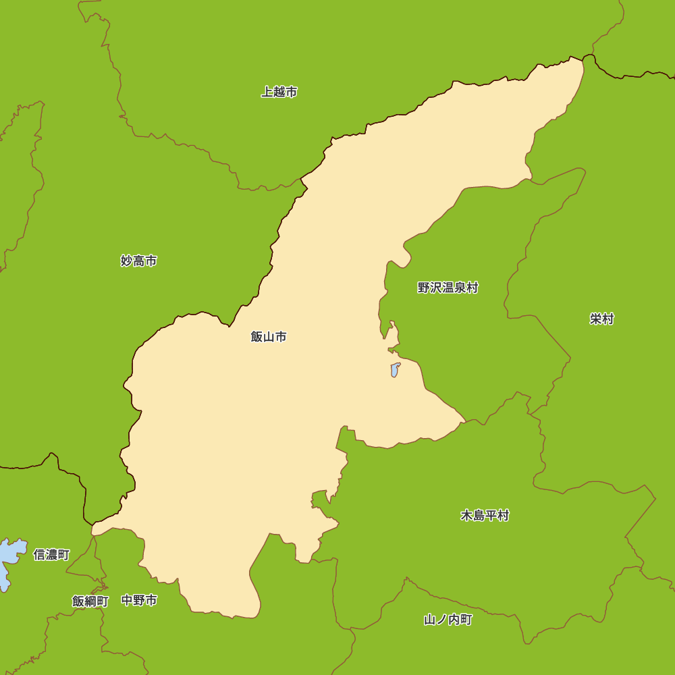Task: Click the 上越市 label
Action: pos(279,92)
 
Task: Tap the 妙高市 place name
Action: pos(139,261)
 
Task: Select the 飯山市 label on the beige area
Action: pos(269,336)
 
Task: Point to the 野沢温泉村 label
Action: pos(448,288)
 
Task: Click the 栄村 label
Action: pos(601,319)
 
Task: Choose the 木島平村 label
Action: pos(485,516)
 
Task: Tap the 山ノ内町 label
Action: pos(448,620)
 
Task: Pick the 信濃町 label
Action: pos(51,555)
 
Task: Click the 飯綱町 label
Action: pos(90,601)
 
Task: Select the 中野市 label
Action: pos(139,600)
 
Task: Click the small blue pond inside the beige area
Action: pos(395,370)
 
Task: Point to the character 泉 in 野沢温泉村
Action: pos(460,288)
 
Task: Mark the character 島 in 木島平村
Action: pos(479,516)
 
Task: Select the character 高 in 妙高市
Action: pos(139,261)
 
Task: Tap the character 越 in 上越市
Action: pos(279,92)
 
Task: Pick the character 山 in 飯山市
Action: pos(269,336)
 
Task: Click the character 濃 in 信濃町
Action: pos(51,555)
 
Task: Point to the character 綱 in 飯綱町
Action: pos(90,601)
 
